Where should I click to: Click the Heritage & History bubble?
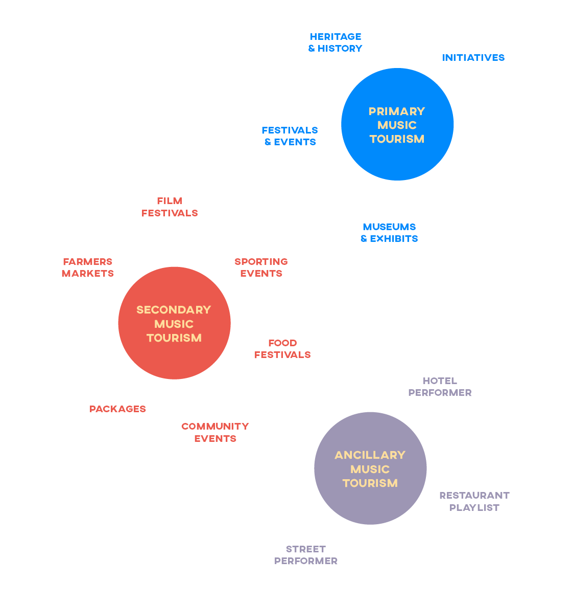336,42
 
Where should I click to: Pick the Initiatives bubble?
474,57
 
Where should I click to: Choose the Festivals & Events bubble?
290,132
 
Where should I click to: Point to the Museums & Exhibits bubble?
390,232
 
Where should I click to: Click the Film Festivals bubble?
170,207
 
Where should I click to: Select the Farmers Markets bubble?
88,267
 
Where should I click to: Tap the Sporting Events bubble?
261,267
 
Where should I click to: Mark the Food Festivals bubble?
283,348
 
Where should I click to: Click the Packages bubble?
118,409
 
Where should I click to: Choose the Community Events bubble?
216,432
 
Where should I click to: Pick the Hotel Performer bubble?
440,386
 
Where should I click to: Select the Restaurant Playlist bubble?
475,501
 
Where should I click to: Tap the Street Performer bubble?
306,554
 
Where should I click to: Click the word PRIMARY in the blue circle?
397,111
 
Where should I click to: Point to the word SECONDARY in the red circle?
174,310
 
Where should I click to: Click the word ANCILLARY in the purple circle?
370,455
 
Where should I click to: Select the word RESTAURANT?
474,495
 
